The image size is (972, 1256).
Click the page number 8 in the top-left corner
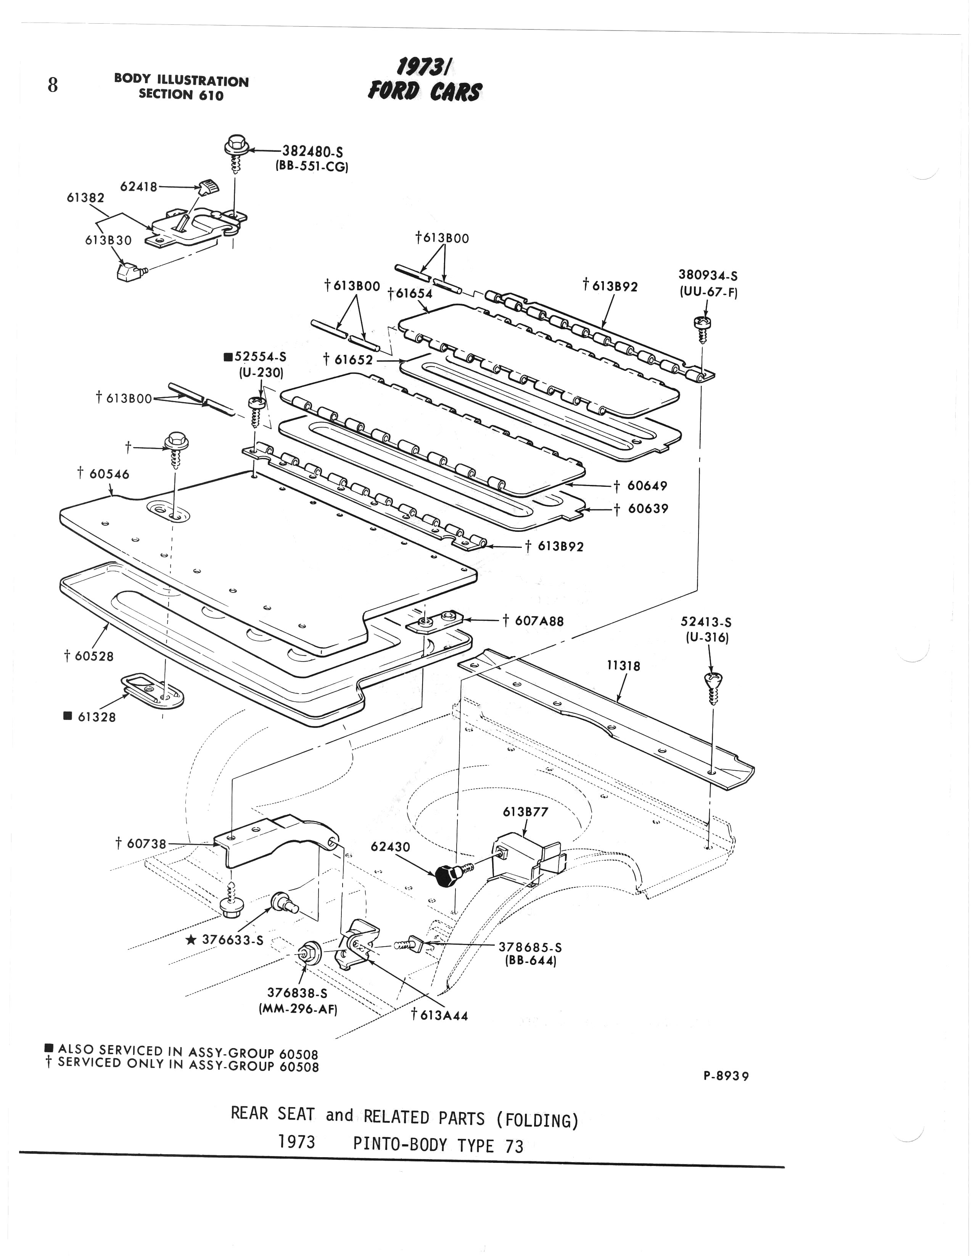pyautogui.click(x=52, y=85)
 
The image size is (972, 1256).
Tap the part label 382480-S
pyautogui.click(x=312, y=152)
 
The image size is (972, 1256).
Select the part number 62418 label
pyautogui.click(x=138, y=187)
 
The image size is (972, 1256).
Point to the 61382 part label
pyautogui.click(x=86, y=198)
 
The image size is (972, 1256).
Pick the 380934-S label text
pyautogui.click(x=708, y=276)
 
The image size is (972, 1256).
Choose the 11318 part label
pyautogui.click(x=623, y=666)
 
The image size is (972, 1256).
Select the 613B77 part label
pyautogui.click(x=525, y=812)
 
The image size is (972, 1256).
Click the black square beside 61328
pyautogui.click(x=68, y=716)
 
